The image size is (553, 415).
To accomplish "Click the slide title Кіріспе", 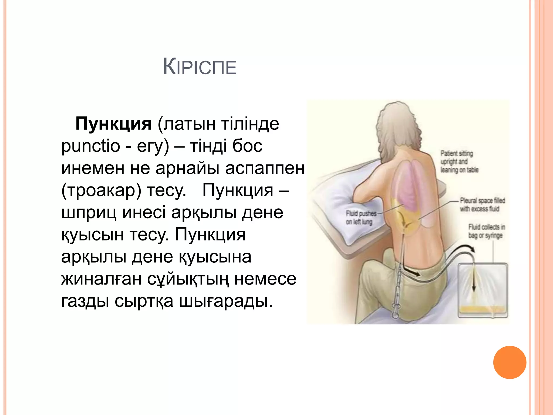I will pos(200,67).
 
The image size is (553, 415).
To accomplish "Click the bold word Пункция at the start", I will pos(113,124).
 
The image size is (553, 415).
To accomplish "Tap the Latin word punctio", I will pos(90,146).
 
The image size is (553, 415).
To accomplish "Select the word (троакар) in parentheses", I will pos(101,190).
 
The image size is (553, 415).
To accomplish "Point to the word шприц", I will pos(89,213).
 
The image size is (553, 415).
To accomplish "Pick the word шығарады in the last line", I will pos(226,301).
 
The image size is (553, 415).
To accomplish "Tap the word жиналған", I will pos(101,279).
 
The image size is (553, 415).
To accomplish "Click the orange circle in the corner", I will pos(510,362).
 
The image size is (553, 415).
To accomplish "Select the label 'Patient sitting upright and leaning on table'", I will pos(459,162).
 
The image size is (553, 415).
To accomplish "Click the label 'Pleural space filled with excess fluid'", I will pos(482,205).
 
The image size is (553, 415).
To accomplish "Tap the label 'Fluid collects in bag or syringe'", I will pos(486,231).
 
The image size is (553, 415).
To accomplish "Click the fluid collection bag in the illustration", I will pos(483,290).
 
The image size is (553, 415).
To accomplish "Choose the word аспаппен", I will pos(265,168).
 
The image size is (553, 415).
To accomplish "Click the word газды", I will pos(85,301).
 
